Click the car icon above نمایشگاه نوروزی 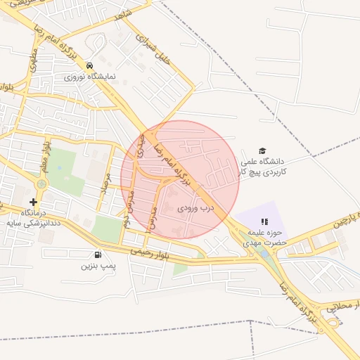(x=90, y=65)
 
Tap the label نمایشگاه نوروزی (x=90, y=76)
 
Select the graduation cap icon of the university (x=262, y=151)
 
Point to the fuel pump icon (x=97, y=255)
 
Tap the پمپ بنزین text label (x=97, y=266)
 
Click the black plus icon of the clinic (x=34, y=202)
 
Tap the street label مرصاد (x=108, y=181)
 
